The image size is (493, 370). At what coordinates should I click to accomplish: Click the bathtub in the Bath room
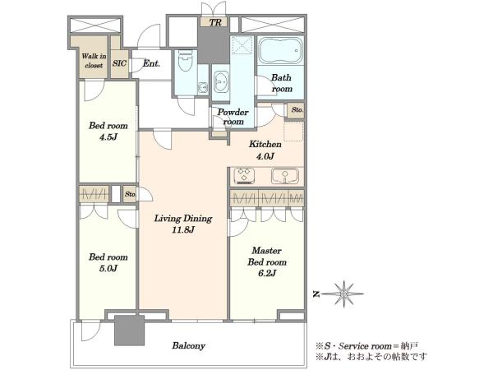(x=280, y=50)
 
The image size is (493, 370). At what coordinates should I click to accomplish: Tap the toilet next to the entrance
(x=185, y=61)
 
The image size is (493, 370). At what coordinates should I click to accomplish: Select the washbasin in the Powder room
(x=221, y=81)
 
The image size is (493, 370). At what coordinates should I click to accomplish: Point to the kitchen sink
(x=285, y=176)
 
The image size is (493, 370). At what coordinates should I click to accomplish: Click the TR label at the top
(x=215, y=23)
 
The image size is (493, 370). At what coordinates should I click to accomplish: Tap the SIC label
(x=119, y=63)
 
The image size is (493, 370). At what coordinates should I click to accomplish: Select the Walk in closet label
(x=94, y=61)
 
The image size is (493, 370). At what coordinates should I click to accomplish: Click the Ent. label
(x=151, y=63)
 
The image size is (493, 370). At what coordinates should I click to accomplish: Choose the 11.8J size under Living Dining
(x=183, y=230)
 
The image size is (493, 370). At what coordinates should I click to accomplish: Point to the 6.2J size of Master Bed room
(x=267, y=273)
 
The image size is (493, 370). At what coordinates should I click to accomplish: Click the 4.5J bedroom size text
(x=108, y=137)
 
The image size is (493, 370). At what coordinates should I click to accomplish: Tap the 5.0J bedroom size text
(x=108, y=268)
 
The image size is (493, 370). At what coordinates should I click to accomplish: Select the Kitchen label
(x=265, y=145)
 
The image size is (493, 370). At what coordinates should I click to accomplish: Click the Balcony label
(x=189, y=346)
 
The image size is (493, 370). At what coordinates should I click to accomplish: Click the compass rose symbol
(x=343, y=294)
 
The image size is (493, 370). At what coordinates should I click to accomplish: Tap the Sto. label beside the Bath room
(x=297, y=110)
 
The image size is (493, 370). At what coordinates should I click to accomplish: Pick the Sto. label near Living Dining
(x=130, y=194)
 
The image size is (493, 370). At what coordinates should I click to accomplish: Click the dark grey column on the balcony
(x=130, y=331)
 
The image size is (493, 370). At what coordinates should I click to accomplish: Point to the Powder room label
(x=233, y=117)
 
